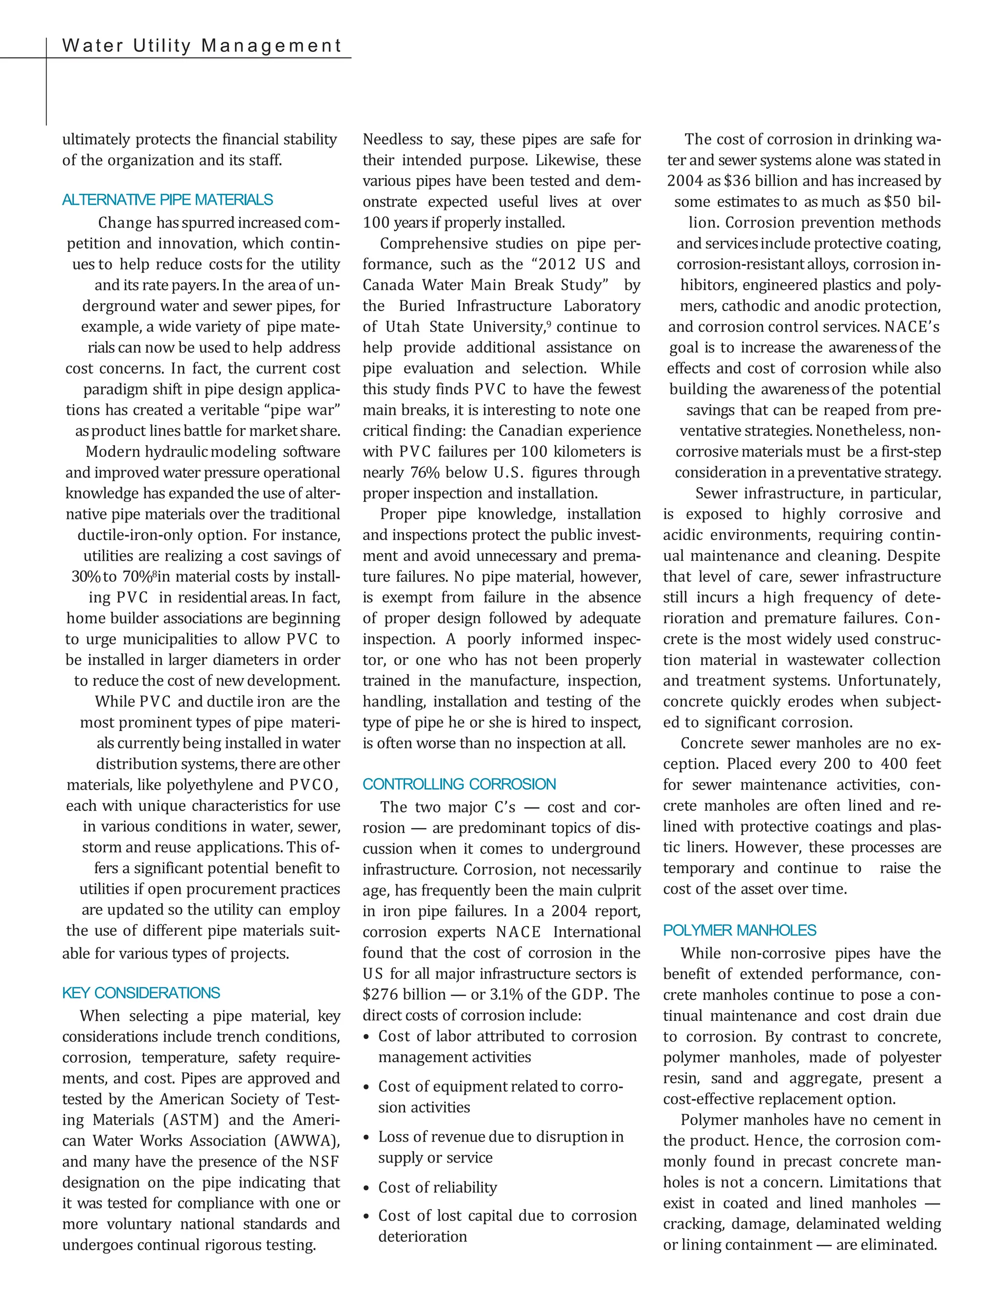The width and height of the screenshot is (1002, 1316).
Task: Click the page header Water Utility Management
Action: tap(202, 46)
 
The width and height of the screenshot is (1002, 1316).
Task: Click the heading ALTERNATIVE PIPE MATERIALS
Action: tap(168, 200)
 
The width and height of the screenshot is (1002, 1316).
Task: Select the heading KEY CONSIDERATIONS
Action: tap(141, 993)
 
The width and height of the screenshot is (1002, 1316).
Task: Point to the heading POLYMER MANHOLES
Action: tap(740, 930)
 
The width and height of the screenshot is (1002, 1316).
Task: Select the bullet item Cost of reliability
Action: tap(437, 1187)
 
